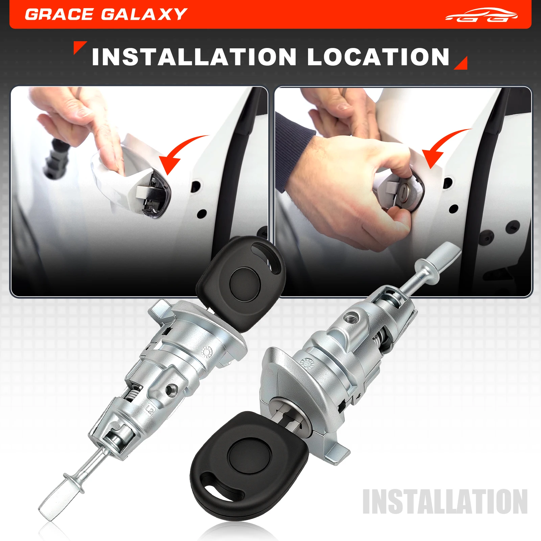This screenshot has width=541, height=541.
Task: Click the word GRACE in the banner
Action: tap(59, 14)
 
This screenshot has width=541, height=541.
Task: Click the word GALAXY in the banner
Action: tap(144, 14)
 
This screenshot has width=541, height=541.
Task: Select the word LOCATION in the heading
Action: tap(378, 57)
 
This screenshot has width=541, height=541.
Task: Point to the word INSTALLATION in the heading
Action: tap(194, 57)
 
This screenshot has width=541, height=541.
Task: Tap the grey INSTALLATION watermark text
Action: tap(445, 501)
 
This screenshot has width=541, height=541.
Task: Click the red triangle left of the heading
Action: tap(79, 47)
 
